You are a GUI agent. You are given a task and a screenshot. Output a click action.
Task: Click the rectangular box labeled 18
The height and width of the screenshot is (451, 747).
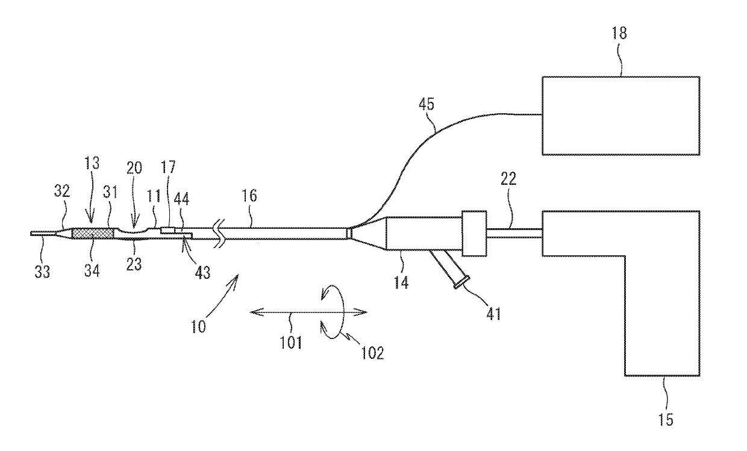[x=620, y=116]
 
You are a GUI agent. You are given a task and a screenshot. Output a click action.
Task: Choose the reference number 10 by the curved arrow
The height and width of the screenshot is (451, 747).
[x=199, y=327]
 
